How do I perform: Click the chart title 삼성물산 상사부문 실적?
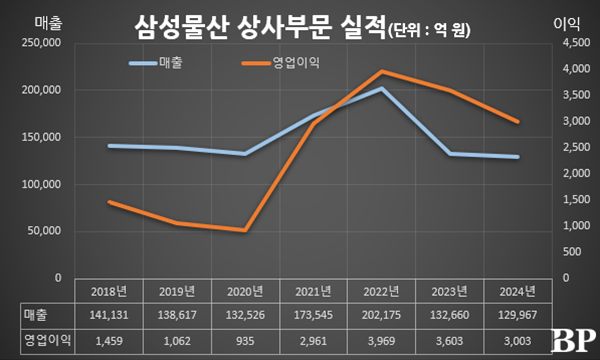[258, 27]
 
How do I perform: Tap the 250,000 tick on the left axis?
[41, 45]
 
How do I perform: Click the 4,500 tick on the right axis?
[564, 45]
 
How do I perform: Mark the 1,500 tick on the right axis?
[564, 201]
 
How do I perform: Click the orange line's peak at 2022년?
[380, 72]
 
